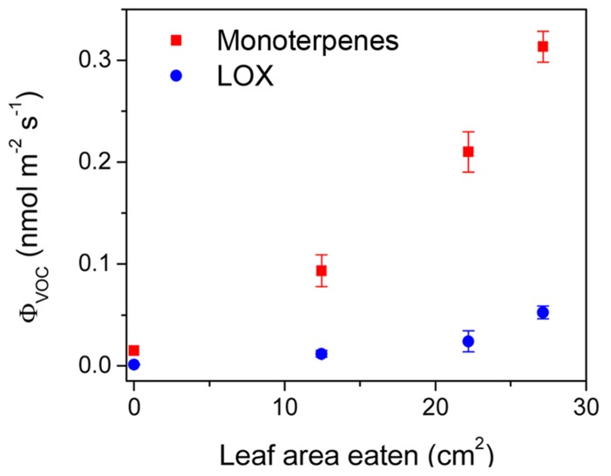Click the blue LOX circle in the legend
[x=176, y=76]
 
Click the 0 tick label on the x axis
[x=133, y=405]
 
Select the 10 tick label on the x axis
[x=284, y=405]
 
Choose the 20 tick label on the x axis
[x=435, y=405]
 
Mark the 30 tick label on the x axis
[x=585, y=405]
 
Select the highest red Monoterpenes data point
[x=543, y=47]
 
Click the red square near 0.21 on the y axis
[x=468, y=152]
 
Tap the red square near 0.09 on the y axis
[x=321, y=270]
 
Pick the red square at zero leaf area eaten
[x=133, y=350]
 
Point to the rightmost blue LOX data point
[x=543, y=312]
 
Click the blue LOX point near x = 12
[x=321, y=354]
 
